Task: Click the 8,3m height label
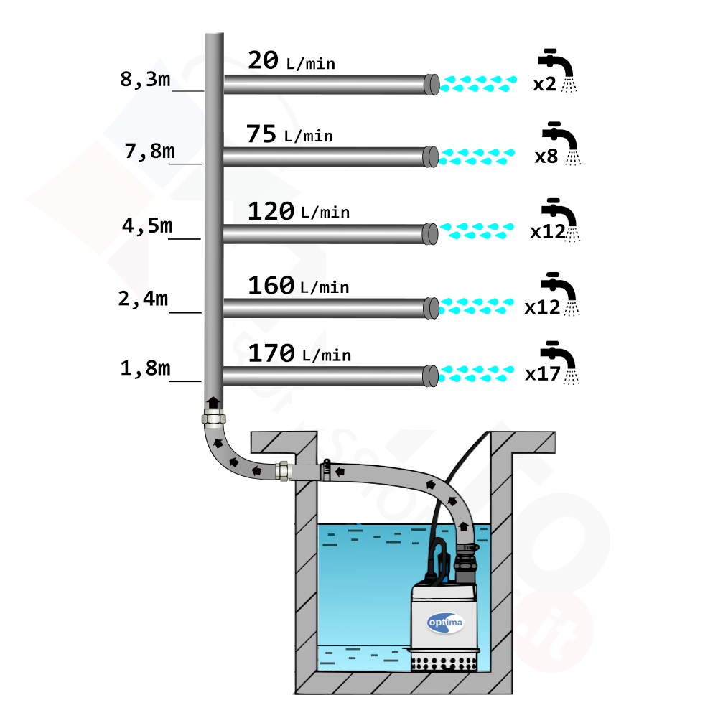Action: click(145, 80)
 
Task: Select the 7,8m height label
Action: click(149, 151)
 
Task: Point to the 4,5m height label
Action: click(147, 225)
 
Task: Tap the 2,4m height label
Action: click(143, 299)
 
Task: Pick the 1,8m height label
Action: click(145, 368)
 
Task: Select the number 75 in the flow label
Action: click(261, 134)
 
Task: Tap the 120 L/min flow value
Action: click(299, 212)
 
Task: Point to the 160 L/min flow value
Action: click(299, 286)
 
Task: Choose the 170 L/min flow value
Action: click(299, 353)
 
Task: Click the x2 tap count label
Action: click(544, 84)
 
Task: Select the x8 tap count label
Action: click(546, 157)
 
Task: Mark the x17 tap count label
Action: click(543, 374)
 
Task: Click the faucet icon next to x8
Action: click(561, 143)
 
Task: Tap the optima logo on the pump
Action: click(445, 623)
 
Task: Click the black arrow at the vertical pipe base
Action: click(213, 403)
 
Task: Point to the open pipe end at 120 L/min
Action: click(430, 234)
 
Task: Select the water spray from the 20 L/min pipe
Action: click(478, 84)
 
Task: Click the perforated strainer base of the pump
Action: click(443, 663)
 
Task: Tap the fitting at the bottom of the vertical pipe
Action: click(214, 418)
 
